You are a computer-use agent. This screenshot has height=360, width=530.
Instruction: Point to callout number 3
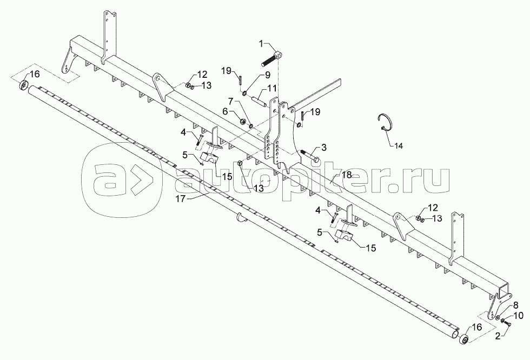[324, 147]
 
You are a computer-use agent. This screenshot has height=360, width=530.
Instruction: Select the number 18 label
[347, 175]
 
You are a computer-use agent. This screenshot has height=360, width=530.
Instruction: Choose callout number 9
[253, 75]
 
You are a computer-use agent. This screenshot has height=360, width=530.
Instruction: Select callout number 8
[515, 304]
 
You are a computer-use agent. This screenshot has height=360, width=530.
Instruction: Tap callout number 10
[518, 315]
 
